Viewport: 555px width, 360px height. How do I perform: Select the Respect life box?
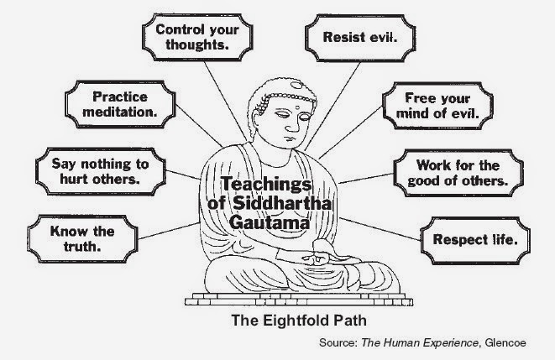point(474,239)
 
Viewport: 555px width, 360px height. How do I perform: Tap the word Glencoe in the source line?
point(526,343)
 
